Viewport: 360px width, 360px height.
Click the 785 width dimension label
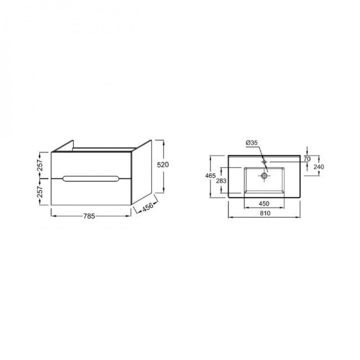(x=89, y=216)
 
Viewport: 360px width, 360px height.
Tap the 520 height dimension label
(x=163, y=165)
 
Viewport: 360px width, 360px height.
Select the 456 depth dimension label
(x=147, y=207)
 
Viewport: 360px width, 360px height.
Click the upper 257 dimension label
(x=40, y=165)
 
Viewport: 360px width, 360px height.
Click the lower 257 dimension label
(x=40, y=192)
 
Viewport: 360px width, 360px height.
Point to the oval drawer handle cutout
(x=91, y=179)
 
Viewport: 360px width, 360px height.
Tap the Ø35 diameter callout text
(x=252, y=143)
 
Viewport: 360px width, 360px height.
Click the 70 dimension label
(x=307, y=159)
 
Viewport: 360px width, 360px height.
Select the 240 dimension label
(x=319, y=167)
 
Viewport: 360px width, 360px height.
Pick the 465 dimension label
(x=211, y=176)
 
